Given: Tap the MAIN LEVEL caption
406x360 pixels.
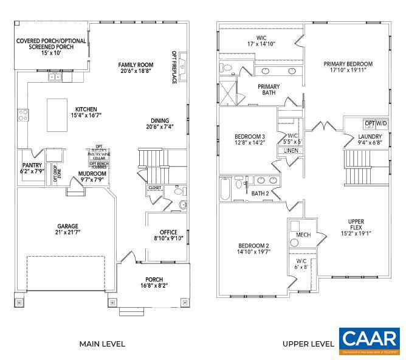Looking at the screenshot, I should tap(102, 344).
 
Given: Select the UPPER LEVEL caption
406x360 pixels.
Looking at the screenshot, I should tap(308, 344).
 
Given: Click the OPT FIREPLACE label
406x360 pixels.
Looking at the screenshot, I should tap(174, 67).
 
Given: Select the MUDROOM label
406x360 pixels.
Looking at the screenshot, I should tap(92, 177).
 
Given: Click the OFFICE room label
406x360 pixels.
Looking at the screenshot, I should tap(168, 235).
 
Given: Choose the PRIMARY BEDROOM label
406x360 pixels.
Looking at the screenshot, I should tap(348, 67).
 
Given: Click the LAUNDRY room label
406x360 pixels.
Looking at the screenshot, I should tap(370, 140).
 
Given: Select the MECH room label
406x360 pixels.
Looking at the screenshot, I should tap(303, 235).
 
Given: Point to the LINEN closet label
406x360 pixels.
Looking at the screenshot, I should tap(291, 150).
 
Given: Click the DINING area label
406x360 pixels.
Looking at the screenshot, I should tap(160, 123).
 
